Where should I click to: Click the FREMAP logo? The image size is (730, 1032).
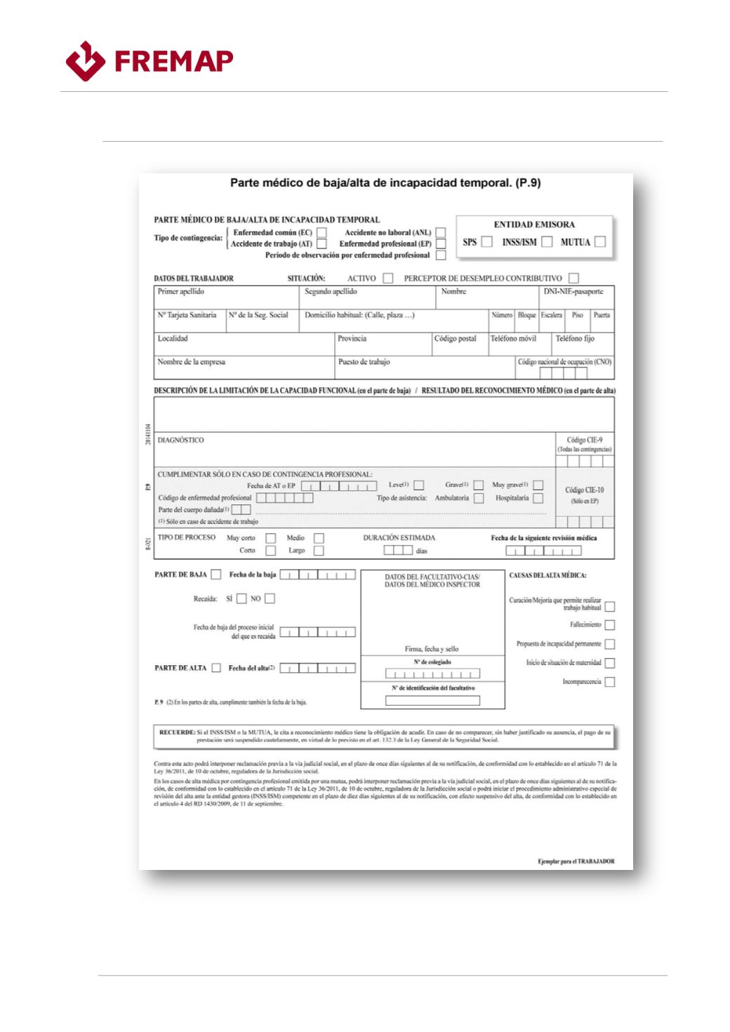point(149,62)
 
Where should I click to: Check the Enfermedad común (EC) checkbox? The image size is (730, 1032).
point(321,232)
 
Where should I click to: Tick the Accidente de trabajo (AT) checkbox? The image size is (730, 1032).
point(321,244)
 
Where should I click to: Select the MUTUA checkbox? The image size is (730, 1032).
point(600,242)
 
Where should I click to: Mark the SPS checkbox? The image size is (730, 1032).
point(486,242)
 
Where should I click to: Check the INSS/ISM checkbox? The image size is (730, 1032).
point(547,242)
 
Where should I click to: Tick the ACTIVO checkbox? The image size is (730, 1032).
point(388,279)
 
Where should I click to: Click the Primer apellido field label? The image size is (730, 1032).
point(180,291)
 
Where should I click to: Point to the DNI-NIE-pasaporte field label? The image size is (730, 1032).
point(573,291)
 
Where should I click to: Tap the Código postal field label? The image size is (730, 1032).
point(455,339)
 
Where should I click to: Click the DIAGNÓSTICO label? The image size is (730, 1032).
point(180,441)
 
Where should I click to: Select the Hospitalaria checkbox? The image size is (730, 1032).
point(538,498)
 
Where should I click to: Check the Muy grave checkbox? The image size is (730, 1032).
point(538,485)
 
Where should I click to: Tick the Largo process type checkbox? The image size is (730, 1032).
point(319,551)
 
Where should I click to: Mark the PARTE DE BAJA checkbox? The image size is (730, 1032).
point(216,575)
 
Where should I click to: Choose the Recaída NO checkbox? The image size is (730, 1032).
point(270,598)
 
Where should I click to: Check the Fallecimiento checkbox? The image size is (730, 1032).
point(609,624)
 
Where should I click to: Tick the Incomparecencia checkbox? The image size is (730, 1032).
point(609,682)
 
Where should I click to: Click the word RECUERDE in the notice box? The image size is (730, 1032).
point(177,732)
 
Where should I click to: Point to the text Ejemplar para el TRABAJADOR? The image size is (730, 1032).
point(576,861)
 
